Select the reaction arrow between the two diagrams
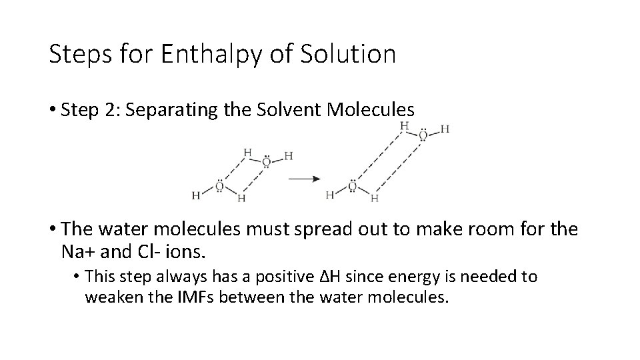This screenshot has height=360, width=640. pyautogui.click(x=303, y=179)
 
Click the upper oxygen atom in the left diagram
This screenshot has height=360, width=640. pyautogui.click(x=266, y=161)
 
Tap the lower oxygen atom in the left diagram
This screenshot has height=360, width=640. pyautogui.click(x=219, y=186)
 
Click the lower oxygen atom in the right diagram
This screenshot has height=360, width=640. pyautogui.click(x=353, y=186)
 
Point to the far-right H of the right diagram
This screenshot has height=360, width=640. pyautogui.click(x=445, y=129)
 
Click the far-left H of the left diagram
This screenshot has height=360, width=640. pyautogui.click(x=196, y=195)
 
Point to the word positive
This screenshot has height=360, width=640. pyautogui.click(x=283, y=277)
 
